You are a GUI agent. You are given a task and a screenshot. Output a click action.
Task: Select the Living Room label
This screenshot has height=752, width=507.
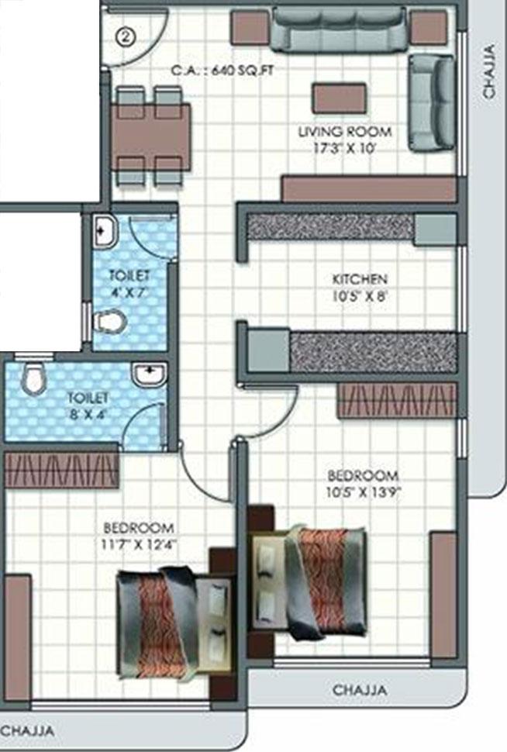(x=345, y=131)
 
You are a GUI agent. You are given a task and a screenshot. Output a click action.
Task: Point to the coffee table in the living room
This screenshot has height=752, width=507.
(x=339, y=98)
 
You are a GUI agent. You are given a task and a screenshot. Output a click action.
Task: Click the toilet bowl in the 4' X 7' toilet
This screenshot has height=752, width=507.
(x=109, y=320)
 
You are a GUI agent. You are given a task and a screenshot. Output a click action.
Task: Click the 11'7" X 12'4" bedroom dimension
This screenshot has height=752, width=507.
(x=136, y=543)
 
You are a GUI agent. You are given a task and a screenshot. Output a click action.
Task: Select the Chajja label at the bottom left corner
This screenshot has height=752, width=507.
(x=27, y=730)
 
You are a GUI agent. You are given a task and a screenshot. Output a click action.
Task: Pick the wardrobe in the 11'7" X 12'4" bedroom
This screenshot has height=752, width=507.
(x=61, y=471)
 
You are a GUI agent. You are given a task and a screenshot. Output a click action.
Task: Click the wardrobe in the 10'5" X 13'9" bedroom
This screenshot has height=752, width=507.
(x=397, y=400)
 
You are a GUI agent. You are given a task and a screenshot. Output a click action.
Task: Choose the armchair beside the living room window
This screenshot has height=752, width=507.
(x=431, y=102)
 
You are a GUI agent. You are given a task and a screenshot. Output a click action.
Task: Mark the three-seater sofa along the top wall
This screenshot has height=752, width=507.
(x=339, y=29)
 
